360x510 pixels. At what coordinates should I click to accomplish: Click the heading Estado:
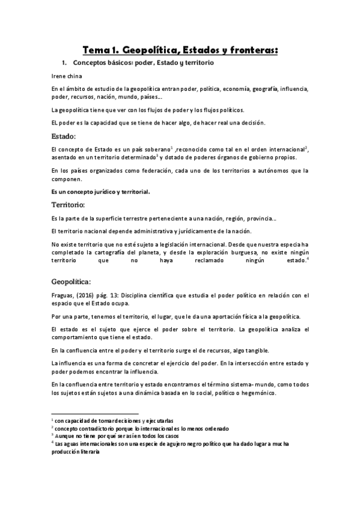[63, 136]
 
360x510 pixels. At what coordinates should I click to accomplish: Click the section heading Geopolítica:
[72, 281]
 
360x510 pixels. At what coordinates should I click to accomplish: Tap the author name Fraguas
[64, 295]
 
